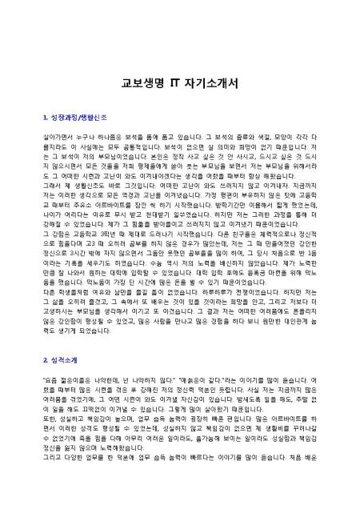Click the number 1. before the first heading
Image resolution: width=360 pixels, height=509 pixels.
pos(42,119)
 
